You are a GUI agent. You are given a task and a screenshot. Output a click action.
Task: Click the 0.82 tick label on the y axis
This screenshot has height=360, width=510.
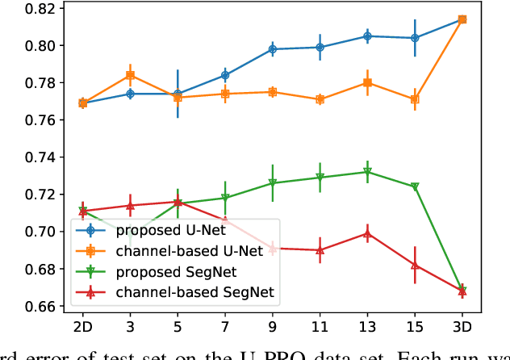tap(37, 9)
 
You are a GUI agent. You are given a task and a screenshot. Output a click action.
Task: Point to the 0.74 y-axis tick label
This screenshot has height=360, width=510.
tap(37, 157)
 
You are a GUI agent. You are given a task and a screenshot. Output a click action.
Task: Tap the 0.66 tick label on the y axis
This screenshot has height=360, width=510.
tap(37, 307)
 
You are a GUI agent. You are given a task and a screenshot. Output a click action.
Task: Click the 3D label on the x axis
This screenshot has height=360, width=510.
tap(462, 329)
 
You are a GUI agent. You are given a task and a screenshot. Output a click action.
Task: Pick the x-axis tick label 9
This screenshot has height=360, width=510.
tap(273, 329)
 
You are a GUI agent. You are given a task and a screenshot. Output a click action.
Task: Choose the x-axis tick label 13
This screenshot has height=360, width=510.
tap(367, 329)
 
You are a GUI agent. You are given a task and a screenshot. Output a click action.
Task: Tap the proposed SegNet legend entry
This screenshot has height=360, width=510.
tap(161, 270)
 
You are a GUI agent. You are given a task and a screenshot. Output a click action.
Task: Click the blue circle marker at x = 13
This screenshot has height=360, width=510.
tap(367, 36)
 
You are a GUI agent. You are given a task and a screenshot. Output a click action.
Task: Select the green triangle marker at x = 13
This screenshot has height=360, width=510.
tap(367, 172)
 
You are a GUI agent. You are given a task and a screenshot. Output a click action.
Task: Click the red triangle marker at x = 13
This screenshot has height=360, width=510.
tap(367, 234)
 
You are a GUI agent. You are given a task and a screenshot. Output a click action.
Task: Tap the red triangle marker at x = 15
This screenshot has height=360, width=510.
tap(415, 265)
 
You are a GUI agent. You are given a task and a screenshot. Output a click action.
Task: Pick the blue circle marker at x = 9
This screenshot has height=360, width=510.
tap(273, 49)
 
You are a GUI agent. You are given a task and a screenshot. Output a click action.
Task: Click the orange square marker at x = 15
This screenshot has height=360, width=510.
tap(415, 99)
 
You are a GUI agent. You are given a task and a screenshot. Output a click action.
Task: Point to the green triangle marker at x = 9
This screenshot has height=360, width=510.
tap(273, 183)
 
